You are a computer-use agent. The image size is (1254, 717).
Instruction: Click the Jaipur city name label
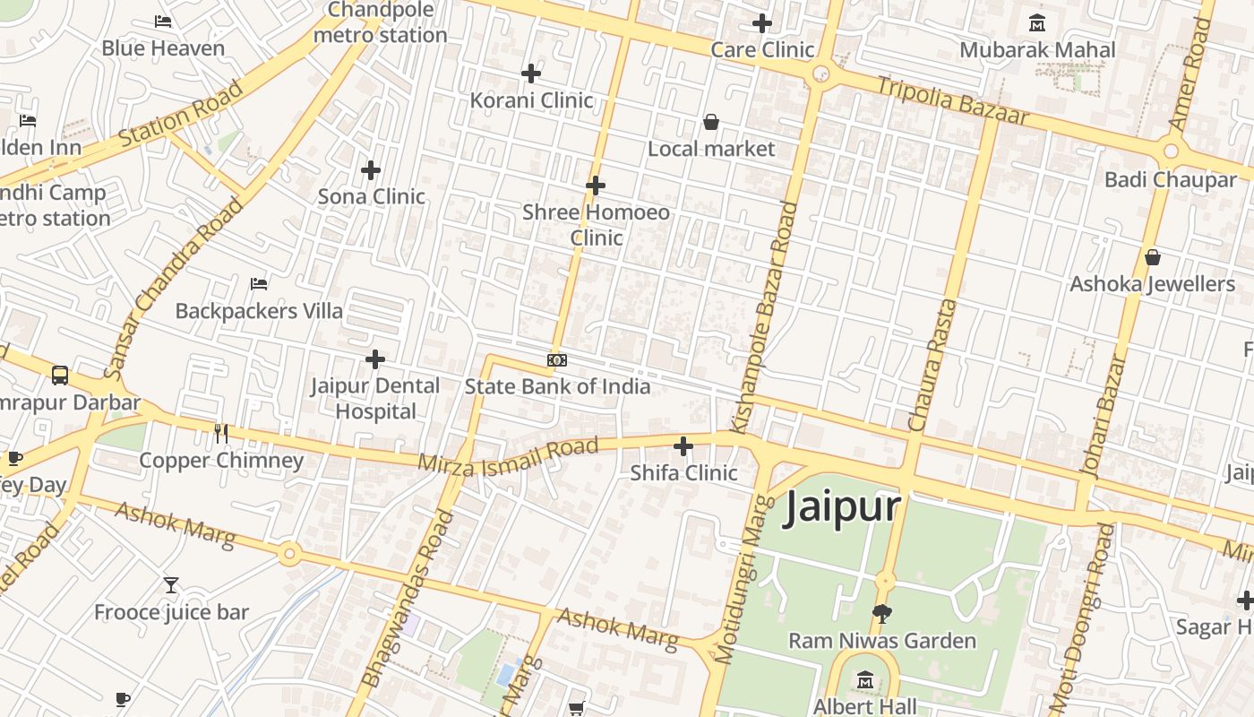coord(842,507)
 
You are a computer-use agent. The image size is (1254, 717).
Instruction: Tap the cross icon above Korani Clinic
coord(531,73)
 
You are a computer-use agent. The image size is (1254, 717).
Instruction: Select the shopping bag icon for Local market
coord(710,122)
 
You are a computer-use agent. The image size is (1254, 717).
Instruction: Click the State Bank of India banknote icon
coord(556,360)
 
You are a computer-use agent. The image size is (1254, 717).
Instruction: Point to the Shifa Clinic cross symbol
coord(683,445)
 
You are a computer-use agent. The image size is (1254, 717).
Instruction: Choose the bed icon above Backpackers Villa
coord(259,284)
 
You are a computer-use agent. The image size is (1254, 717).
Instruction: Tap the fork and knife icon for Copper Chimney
coord(221,434)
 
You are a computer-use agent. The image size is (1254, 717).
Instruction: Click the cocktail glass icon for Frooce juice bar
coord(171,586)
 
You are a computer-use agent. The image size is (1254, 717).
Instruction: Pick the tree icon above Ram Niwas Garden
coord(882,614)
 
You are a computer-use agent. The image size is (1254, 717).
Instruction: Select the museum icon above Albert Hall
coord(865,680)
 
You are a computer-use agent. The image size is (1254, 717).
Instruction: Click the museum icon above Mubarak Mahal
coord(1037,22)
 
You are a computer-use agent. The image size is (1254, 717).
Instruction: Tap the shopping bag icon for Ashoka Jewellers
coord(1153,258)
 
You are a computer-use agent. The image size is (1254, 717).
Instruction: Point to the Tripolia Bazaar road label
coord(952,100)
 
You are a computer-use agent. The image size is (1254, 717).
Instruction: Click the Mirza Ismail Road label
coord(508,455)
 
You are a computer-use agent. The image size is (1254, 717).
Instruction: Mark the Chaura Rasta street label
coord(932,366)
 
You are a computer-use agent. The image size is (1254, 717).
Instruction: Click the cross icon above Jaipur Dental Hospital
coord(375,360)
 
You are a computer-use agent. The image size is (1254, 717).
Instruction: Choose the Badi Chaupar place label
coord(1170,180)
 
